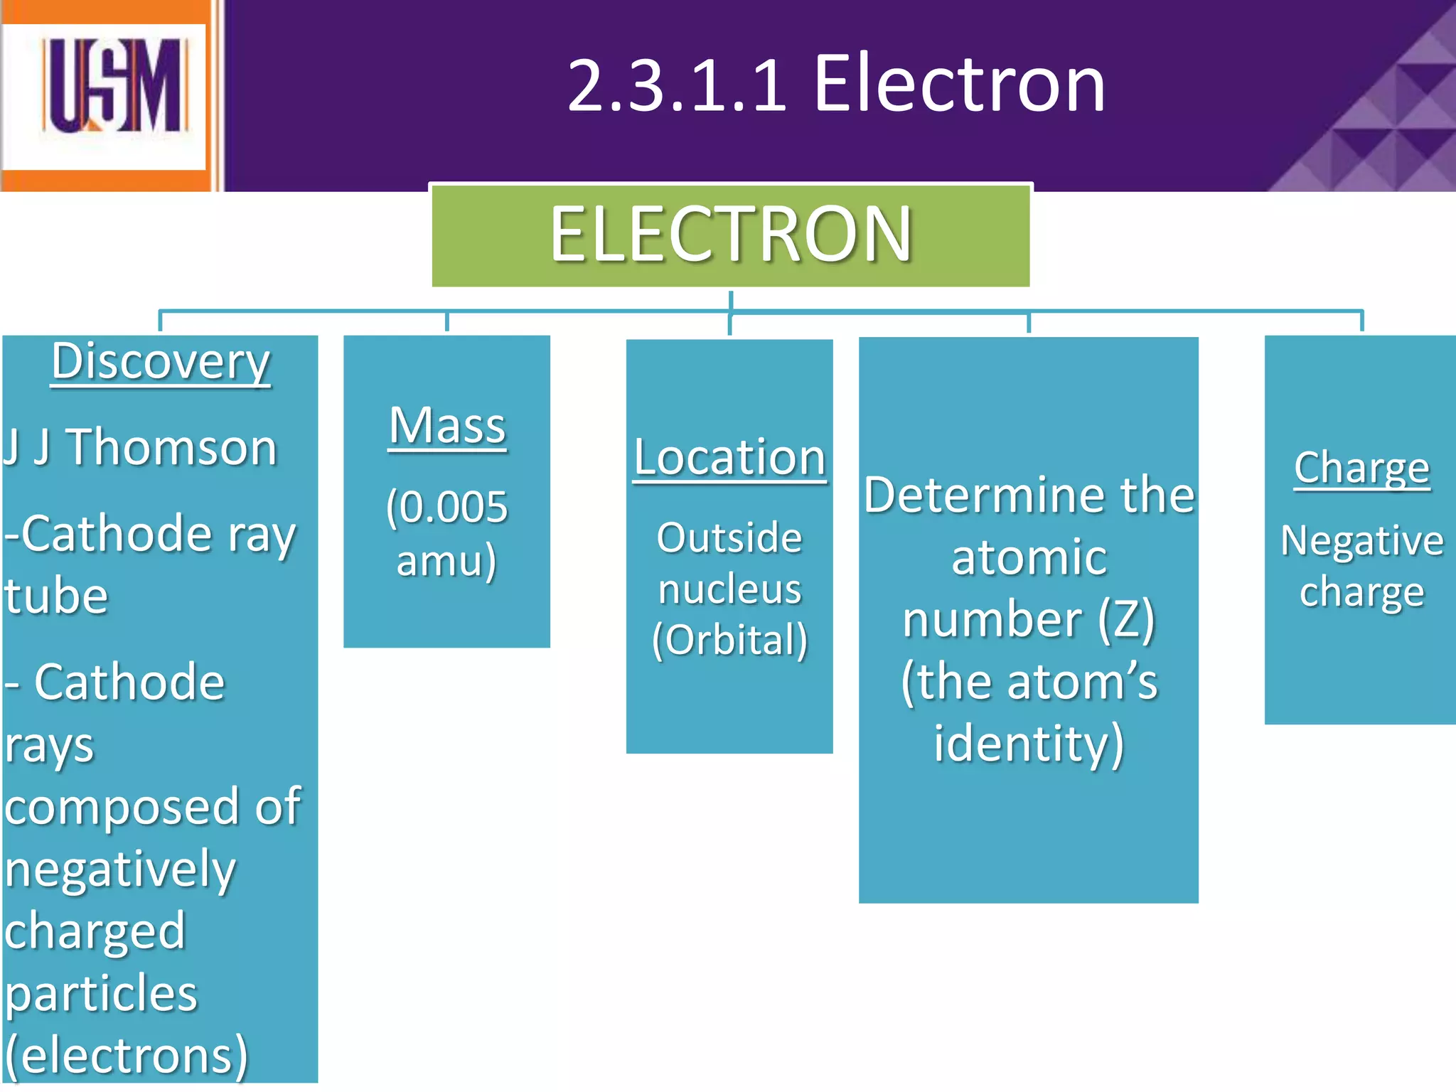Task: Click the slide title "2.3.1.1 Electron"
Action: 836,85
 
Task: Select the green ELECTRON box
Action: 731,235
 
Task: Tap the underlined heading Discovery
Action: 161,363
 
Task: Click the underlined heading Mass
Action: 447,426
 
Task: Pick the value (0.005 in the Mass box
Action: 447,508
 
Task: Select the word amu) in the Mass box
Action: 446,561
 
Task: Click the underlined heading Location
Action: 729,457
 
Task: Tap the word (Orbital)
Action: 730,640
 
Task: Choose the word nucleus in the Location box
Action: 730,589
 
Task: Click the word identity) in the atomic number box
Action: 1029,744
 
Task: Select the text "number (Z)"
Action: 1029,619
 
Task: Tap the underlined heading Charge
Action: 1361,469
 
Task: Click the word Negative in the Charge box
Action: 1362,541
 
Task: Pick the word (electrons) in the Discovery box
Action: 127,1056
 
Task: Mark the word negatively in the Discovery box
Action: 119,869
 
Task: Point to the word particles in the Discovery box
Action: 101,994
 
